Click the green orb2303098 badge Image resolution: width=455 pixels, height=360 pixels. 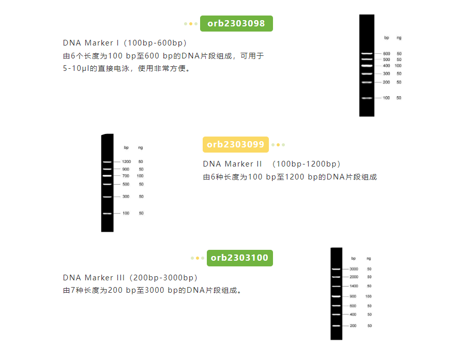click(236, 23)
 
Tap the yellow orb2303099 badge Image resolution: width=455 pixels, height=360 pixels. click(236, 144)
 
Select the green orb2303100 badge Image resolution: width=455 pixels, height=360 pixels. click(239, 258)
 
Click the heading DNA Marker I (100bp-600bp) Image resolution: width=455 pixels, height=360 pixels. click(125, 42)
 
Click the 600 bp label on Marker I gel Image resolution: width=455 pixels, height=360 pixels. click(386, 54)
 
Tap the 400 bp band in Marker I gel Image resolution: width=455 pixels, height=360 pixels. click(367, 66)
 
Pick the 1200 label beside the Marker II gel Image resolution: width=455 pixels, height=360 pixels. click(126, 162)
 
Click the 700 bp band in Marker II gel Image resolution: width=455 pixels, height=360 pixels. click(107, 176)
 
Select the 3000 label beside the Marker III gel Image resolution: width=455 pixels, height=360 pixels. click(354, 269)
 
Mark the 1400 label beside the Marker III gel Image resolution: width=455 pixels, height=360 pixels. click(354, 286)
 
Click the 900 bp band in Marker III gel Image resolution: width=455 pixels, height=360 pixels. click(337, 296)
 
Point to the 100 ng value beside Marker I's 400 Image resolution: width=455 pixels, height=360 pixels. click(398, 66)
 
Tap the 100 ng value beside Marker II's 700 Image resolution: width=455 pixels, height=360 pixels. click(140, 176)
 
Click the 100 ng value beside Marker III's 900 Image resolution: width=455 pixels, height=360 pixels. click(369, 296)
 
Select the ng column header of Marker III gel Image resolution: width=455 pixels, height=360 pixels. click(369, 258)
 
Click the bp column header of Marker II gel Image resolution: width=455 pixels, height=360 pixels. click(126, 148)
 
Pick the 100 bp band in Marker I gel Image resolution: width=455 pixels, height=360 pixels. click(367, 98)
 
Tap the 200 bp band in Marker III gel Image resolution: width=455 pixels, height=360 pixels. click(337, 326)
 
